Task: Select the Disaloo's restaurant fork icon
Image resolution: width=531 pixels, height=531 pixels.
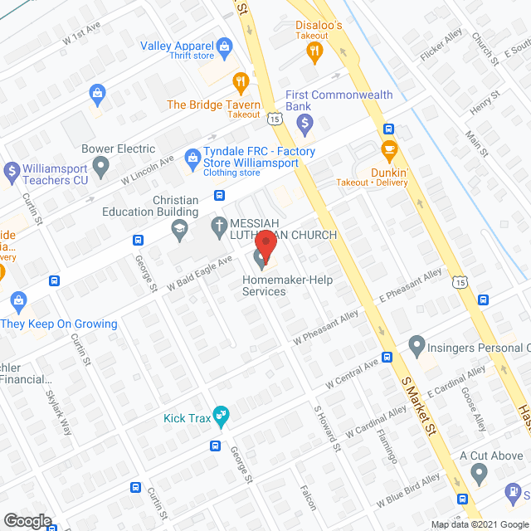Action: tap(314, 51)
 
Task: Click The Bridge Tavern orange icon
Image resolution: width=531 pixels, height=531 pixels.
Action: tap(241, 81)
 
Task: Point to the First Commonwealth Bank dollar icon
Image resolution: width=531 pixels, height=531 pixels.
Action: tap(304, 125)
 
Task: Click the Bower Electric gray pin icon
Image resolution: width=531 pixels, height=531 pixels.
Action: tap(101, 168)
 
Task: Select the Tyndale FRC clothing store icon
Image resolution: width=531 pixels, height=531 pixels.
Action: tap(192, 155)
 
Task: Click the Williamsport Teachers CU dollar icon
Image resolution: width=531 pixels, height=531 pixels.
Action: tap(12, 172)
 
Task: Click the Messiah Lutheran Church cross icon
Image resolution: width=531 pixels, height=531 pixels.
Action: tap(219, 225)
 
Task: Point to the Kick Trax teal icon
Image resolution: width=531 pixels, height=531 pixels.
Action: tap(220, 414)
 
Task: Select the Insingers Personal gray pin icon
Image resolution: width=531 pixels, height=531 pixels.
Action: tap(417, 343)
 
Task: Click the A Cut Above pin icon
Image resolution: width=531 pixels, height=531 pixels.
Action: tap(478, 474)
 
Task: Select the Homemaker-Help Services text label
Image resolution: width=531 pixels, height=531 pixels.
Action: tap(287, 285)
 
